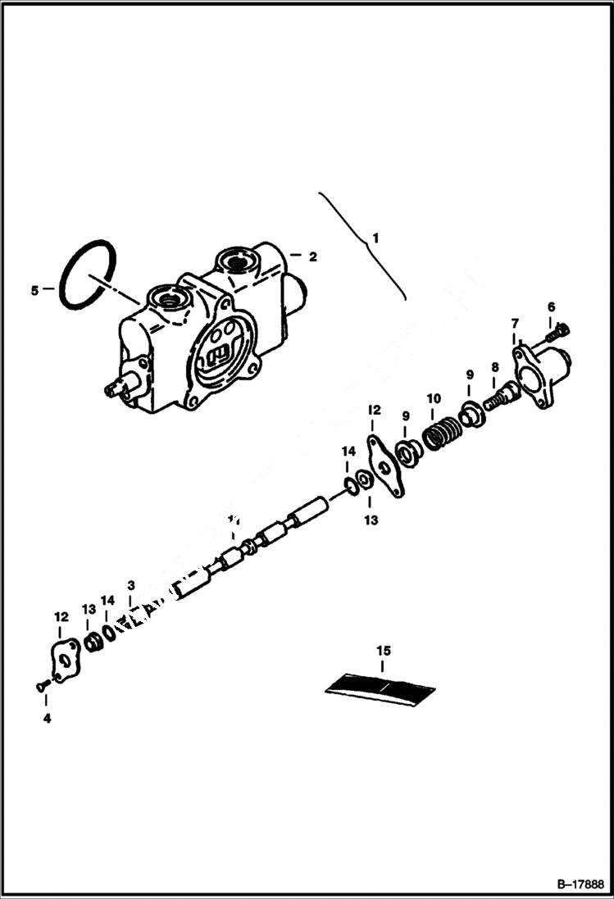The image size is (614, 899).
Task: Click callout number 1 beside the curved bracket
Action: click(x=375, y=238)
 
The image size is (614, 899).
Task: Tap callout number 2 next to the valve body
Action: click(x=312, y=256)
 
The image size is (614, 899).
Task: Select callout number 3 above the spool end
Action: click(x=130, y=585)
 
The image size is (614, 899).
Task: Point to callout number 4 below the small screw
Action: click(x=47, y=718)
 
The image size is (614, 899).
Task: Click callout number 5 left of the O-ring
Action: click(x=34, y=289)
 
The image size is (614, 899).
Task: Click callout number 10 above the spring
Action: click(x=434, y=398)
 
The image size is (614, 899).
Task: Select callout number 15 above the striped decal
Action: click(x=383, y=651)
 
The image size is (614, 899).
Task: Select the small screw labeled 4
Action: click(x=42, y=687)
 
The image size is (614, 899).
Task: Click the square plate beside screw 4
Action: click(x=65, y=660)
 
